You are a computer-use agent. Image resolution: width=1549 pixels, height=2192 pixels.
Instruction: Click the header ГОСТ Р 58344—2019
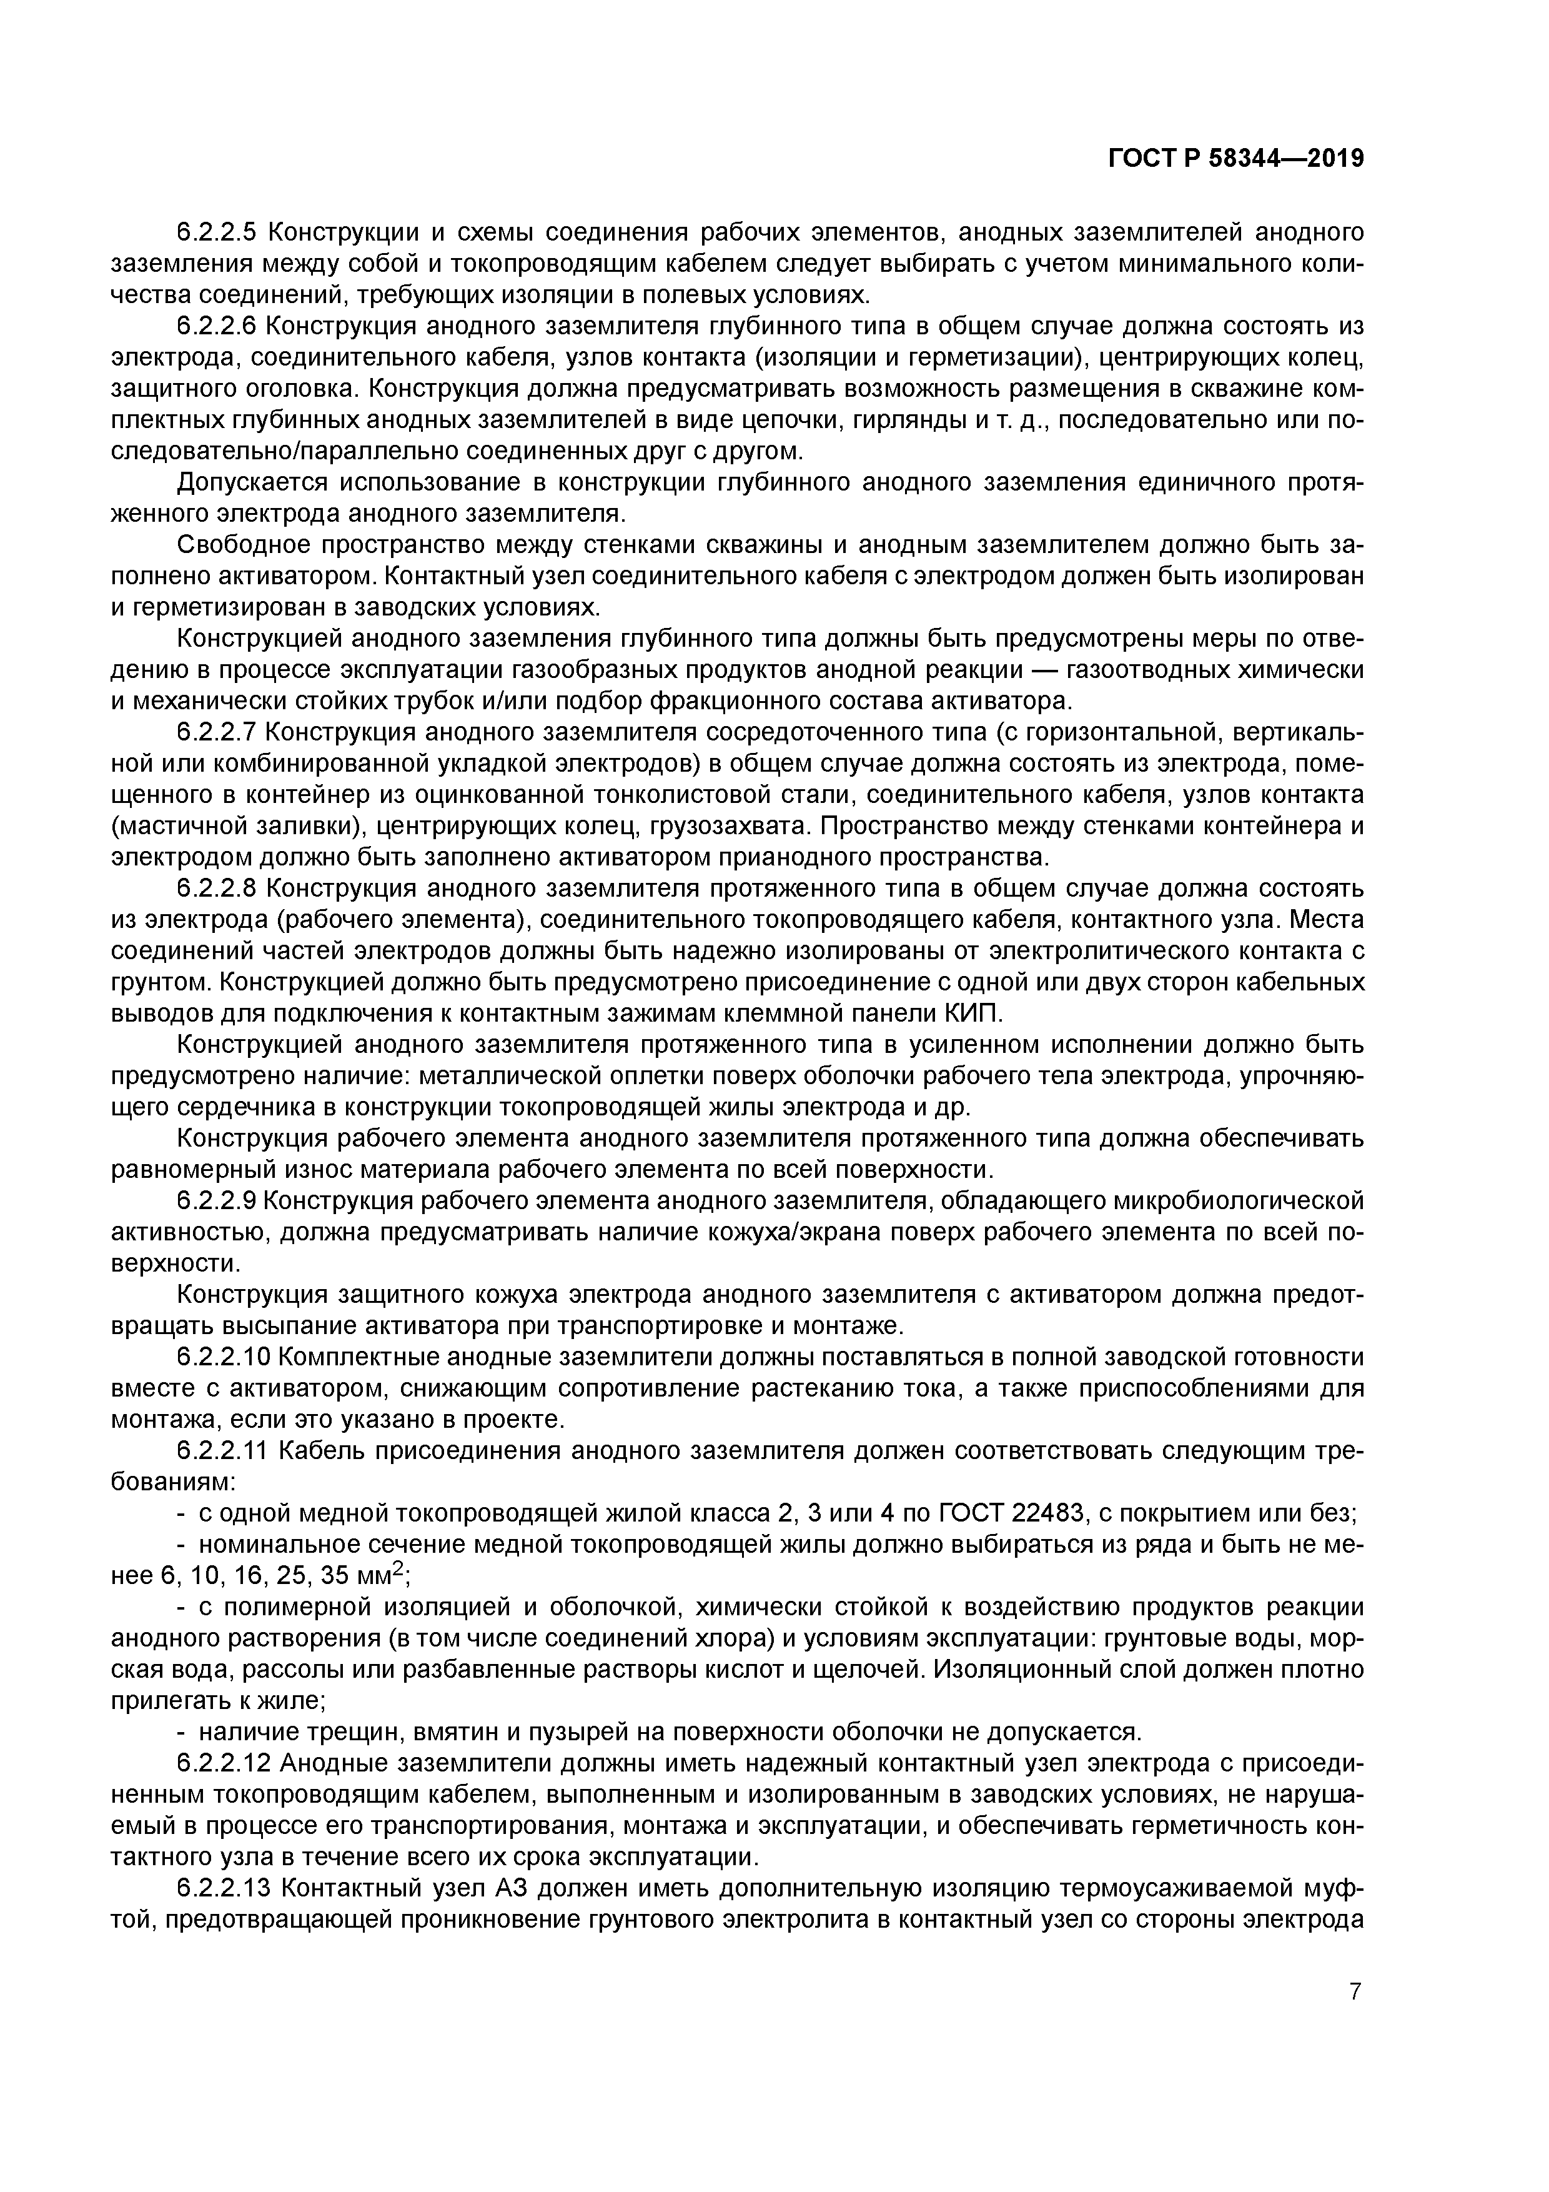(1235, 159)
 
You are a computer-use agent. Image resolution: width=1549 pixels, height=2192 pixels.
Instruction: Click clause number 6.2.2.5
(217, 233)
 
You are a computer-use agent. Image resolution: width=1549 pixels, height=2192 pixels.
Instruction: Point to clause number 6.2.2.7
(217, 732)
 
